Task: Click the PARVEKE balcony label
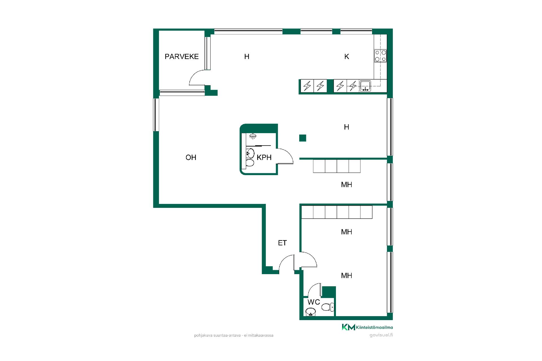point(182,56)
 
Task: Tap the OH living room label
point(191,157)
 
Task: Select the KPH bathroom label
point(264,157)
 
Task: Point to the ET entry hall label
point(282,243)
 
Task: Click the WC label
point(314,302)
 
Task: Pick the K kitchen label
point(347,57)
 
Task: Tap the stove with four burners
point(380,56)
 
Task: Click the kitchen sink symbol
point(365,86)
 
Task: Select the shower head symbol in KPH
point(253,137)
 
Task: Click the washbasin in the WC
point(311,312)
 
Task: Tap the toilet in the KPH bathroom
point(250,163)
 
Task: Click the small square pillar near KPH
point(303,138)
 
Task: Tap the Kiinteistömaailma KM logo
point(348,327)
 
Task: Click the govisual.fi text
point(381,335)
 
